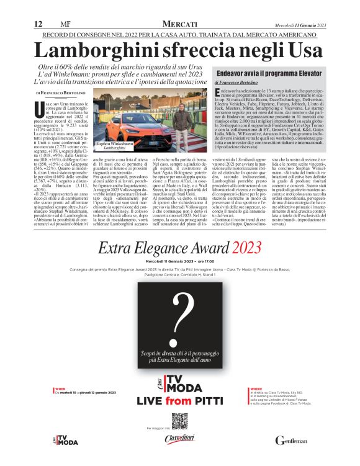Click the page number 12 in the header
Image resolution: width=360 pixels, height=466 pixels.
[x=38, y=24]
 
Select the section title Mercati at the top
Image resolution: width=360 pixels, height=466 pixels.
[x=180, y=24]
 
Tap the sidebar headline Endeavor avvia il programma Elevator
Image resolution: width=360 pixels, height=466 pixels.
[x=268, y=73]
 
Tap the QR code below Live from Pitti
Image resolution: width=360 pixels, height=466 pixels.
[x=179, y=421]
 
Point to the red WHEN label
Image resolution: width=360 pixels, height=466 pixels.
[x=60, y=388]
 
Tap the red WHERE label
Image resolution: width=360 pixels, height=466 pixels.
[x=256, y=388]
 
